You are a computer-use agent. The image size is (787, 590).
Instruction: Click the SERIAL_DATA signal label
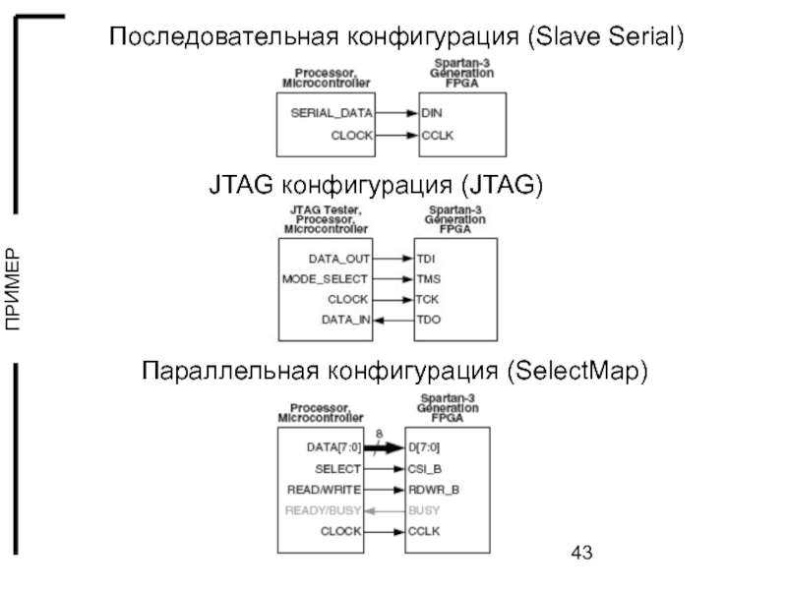click(332, 113)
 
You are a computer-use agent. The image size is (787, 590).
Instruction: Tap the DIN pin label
click(432, 113)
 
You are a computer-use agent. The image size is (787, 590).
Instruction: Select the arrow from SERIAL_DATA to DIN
click(396, 113)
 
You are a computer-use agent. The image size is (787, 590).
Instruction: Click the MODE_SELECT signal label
click(325, 279)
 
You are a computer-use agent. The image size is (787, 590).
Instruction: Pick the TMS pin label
click(428, 279)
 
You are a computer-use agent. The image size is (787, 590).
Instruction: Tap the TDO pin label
click(428, 320)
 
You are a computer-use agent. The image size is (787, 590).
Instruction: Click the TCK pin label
click(428, 299)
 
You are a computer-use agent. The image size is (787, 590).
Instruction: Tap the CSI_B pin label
click(426, 468)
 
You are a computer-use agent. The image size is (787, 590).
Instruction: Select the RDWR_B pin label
click(434, 489)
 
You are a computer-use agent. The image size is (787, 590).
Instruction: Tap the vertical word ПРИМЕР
click(12, 290)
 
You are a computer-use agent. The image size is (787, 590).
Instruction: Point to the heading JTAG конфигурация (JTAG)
click(375, 185)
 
